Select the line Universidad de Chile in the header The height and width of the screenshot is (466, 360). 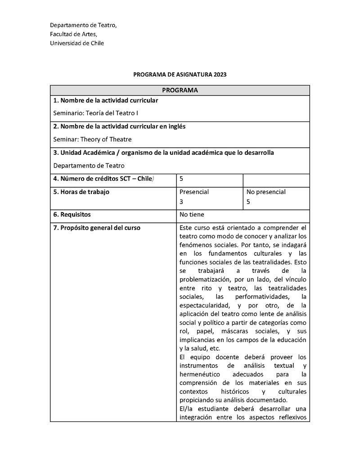[x=76, y=43]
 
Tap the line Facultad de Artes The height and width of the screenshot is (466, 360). [x=73, y=34]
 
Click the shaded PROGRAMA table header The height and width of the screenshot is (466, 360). [x=180, y=90]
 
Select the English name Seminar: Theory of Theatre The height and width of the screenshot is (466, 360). [x=92, y=139]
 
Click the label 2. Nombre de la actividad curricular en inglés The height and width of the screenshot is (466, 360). [x=119, y=127]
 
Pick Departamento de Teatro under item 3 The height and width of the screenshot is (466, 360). [x=89, y=165]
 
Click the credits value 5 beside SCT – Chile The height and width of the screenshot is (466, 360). [x=181, y=179]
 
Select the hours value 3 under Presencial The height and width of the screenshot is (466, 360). [x=181, y=202]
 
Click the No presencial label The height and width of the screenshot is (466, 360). [x=266, y=192]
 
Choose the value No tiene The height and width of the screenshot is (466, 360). [x=192, y=215]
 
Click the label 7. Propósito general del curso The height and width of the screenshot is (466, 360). [x=97, y=228]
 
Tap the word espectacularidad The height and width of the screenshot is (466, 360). [x=204, y=305]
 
